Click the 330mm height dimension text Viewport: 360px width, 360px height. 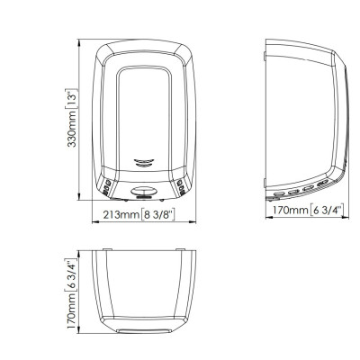(71, 129)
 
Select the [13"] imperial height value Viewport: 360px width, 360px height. (71, 99)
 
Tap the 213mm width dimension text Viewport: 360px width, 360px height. (121, 215)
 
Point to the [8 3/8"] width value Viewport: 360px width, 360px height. (157, 215)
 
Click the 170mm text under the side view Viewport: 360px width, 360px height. (290, 210)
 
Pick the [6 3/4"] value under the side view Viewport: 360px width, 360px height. (327, 210)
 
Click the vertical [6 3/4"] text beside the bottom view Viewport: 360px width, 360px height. (71, 275)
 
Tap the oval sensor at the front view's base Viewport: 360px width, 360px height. (143, 191)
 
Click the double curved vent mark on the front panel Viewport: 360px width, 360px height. (144, 163)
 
